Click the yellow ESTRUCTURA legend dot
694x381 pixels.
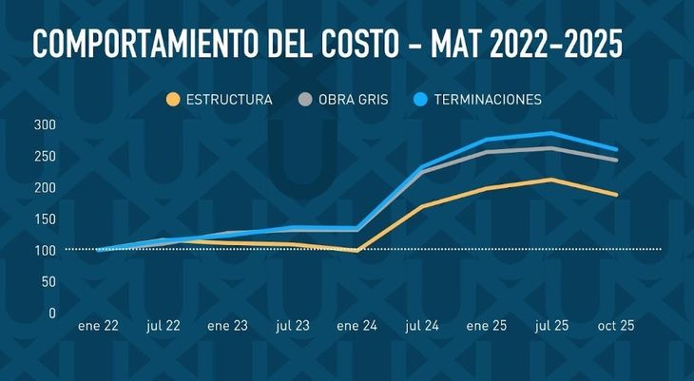coord(173,100)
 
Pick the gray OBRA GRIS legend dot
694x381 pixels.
coord(305,100)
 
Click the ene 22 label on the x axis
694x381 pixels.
coord(98,325)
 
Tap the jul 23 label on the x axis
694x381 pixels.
coord(293,325)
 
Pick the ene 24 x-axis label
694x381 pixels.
coord(357,325)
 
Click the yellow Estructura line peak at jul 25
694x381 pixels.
coord(551,179)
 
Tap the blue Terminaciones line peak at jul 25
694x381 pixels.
coord(551,133)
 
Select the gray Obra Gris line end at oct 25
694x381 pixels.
coord(617,160)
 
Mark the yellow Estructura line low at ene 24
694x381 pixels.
coord(357,251)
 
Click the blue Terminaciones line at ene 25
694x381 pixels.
coord(487,140)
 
